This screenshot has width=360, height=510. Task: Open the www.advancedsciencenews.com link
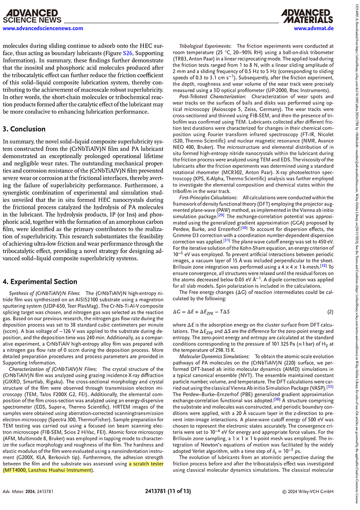(x=43, y=28)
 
